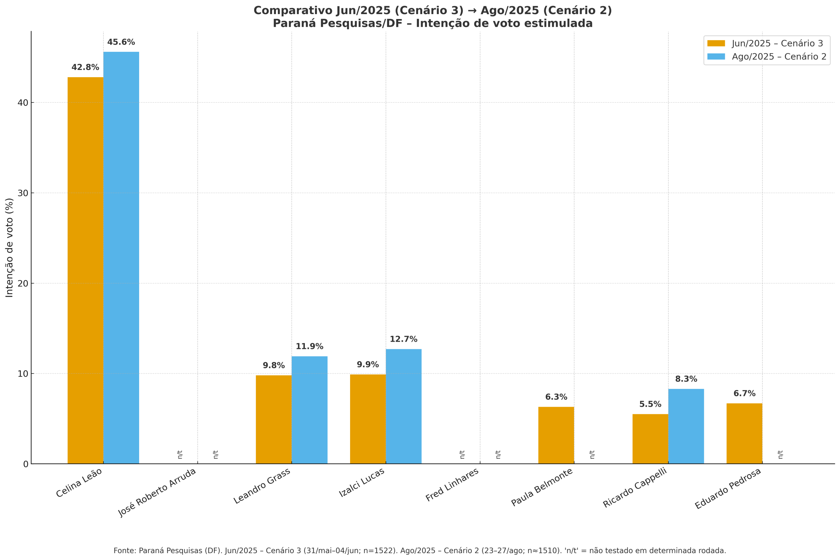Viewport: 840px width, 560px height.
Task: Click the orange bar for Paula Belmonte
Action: click(x=556, y=435)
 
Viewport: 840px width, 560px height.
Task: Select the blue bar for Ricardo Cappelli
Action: click(x=686, y=426)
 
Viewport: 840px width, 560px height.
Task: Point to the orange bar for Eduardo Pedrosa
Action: click(x=744, y=434)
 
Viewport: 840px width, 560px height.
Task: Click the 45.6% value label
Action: click(x=121, y=42)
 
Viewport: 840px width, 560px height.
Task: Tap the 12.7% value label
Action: click(x=403, y=339)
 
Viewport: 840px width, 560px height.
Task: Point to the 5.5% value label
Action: click(x=650, y=404)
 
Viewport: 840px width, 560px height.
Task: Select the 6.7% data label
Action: click(x=744, y=394)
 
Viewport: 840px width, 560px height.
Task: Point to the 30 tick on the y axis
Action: click(x=23, y=193)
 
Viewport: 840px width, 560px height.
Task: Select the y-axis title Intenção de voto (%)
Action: click(x=9, y=248)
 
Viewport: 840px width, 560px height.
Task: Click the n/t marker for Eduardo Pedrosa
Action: click(x=780, y=455)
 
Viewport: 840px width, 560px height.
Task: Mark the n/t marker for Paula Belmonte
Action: click(x=592, y=455)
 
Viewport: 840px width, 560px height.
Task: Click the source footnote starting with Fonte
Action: click(x=420, y=551)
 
